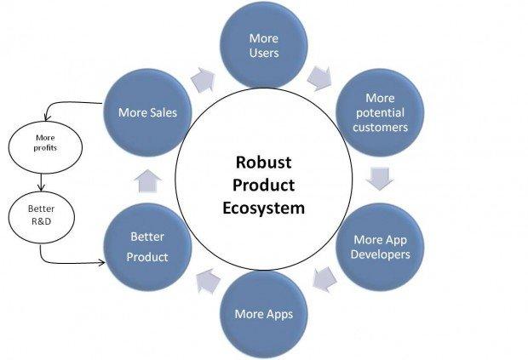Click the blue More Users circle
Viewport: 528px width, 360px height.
(264, 45)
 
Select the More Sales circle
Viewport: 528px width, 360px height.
(148, 112)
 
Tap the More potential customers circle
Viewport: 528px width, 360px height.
(380, 112)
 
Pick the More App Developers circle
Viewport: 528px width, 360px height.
(380, 247)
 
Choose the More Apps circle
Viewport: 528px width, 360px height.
(264, 314)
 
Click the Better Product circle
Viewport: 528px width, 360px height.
(148, 247)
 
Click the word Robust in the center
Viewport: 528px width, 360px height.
(263, 162)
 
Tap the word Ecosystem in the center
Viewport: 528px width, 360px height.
(263, 208)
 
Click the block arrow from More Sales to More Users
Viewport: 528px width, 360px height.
(203, 80)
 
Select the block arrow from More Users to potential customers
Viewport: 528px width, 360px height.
(319, 78)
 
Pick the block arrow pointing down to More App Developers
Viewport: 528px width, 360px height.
(380, 180)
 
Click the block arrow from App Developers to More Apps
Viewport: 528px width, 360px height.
(324, 279)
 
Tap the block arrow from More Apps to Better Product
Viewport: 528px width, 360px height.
(209, 281)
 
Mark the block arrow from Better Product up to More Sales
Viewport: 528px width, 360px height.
(148, 180)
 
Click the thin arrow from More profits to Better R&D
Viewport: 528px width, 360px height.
(41, 182)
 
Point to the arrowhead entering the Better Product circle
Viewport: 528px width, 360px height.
(101, 262)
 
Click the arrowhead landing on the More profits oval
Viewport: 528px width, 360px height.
(47, 117)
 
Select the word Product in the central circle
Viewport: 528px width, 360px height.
(263, 185)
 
